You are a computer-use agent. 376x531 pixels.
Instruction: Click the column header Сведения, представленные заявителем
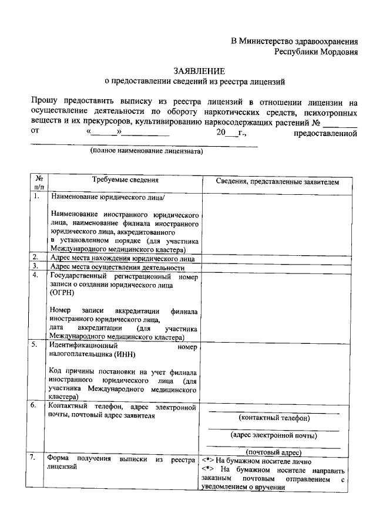(273, 182)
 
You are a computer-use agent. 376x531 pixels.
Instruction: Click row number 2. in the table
(35, 257)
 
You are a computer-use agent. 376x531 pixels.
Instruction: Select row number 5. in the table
(35, 344)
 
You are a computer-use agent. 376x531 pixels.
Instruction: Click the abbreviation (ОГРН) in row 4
(62, 292)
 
